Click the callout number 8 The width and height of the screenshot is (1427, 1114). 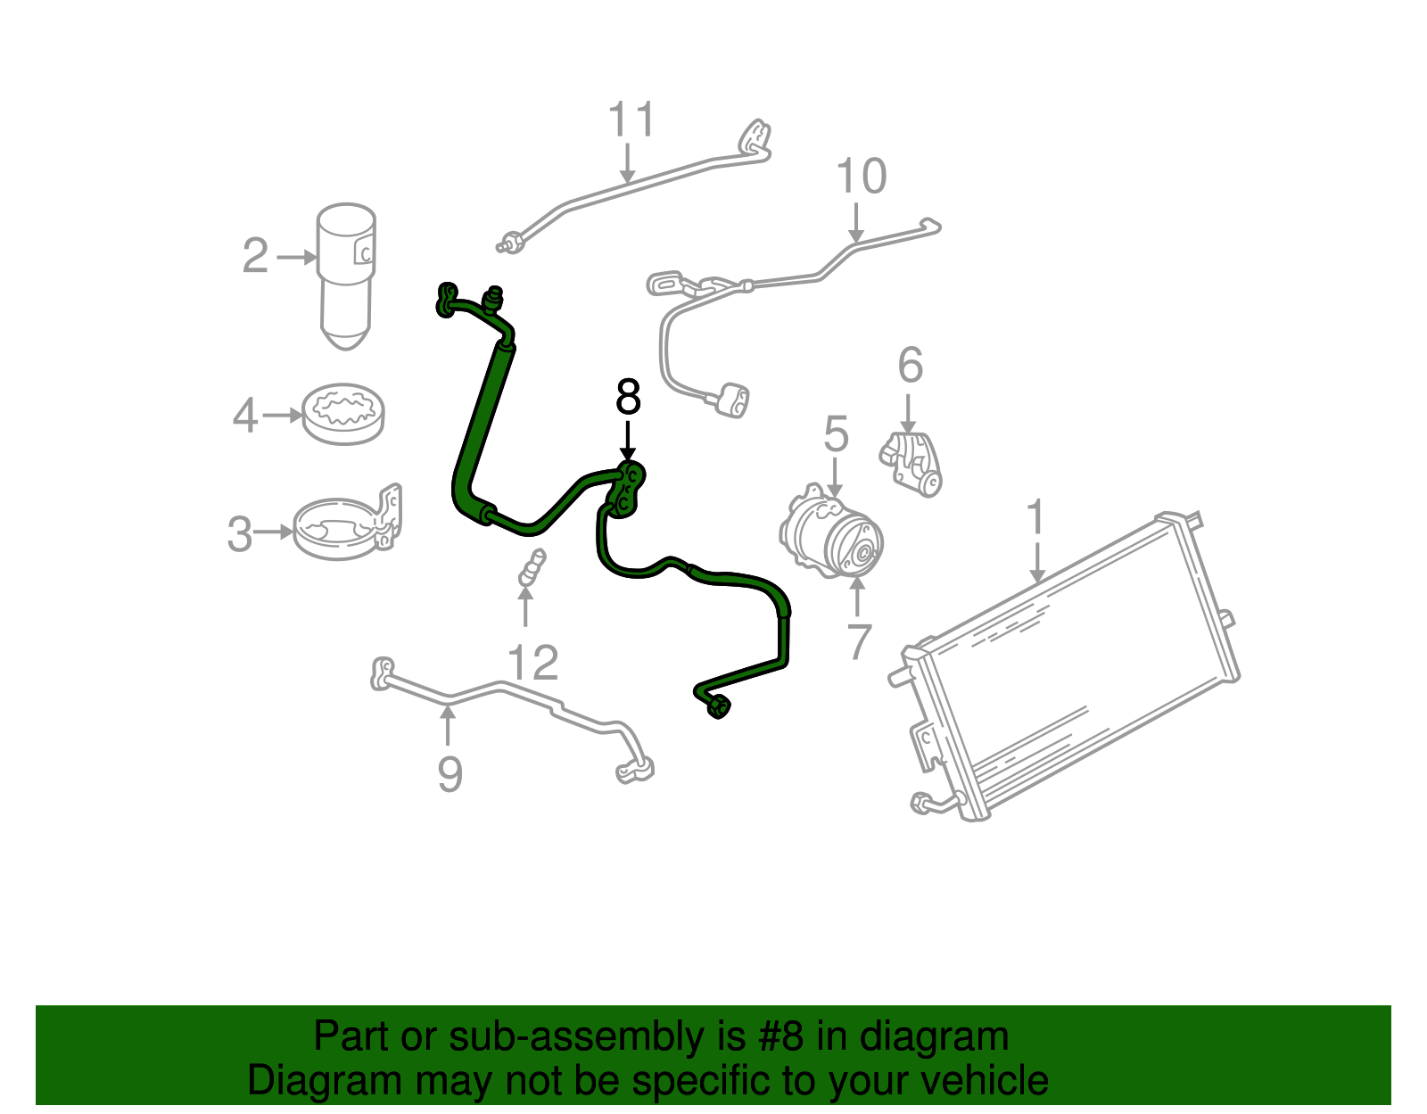(x=628, y=397)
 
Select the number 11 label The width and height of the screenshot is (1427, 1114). (x=631, y=120)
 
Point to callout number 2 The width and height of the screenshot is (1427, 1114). (x=255, y=256)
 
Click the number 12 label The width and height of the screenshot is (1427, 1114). (x=532, y=663)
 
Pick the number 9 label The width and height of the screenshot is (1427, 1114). (x=450, y=774)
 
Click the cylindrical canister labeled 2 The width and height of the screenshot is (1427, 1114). (x=346, y=276)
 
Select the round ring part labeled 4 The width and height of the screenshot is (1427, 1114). (x=342, y=414)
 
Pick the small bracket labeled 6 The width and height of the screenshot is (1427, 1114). (x=911, y=464)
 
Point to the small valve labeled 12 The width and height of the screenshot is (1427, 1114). (x=532, y=567)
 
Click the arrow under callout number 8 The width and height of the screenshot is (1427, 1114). (x=628, y=441)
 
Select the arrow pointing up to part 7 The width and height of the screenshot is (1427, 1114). (x=856, y=598)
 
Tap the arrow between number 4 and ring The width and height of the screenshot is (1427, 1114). (x=282, y=415)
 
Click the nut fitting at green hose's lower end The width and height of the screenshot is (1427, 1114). (x=718, y=707)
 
